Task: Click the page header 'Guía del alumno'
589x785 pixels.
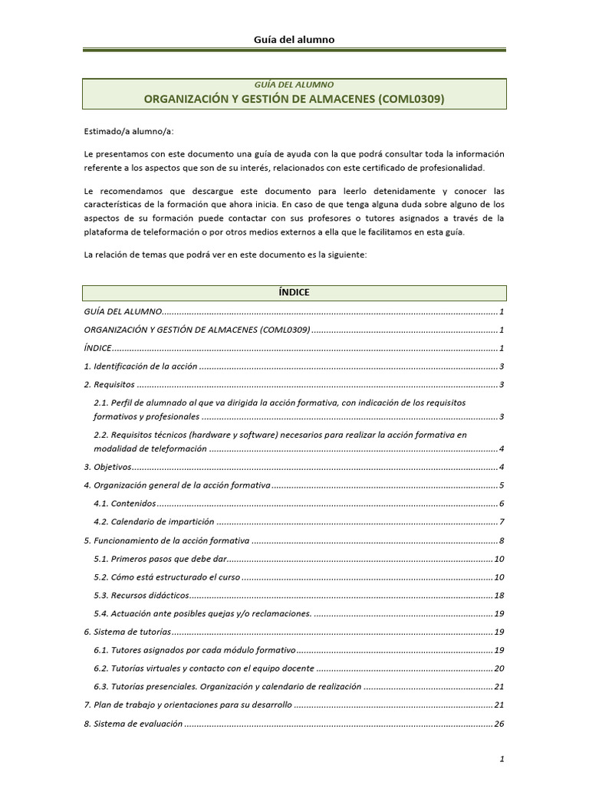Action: coord(294,39)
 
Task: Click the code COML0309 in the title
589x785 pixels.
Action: coord(412,99)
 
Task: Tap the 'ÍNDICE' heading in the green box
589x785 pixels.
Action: coord(294,293)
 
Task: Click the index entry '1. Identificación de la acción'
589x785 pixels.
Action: coord(140,366)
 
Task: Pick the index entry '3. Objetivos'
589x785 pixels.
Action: coord(107,467)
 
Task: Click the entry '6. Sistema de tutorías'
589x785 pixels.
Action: coord(126,632)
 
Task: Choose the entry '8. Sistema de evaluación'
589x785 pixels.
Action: coord(133,723)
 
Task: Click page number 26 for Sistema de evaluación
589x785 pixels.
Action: coord(499,723)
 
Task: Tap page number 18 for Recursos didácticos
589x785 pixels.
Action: coord(499,596)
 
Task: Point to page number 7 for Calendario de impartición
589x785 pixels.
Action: coord(501,522)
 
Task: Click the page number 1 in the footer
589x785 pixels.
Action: coord(501,759)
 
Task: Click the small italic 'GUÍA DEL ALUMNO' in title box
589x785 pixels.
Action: coord(294,85)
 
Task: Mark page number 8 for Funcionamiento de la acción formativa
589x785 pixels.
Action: coord(501,540)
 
